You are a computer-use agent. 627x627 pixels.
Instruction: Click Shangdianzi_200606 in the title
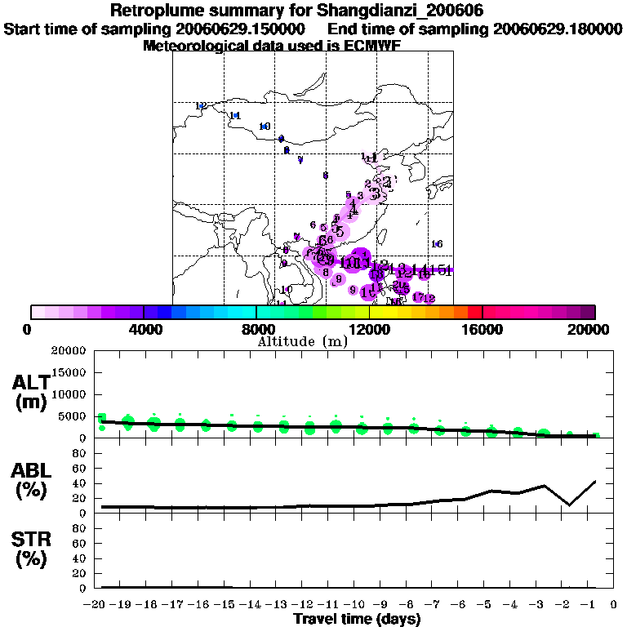(x=397, y=11)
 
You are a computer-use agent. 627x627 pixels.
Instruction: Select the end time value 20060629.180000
(x=558, y=29)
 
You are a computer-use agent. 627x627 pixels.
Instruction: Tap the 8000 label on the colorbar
(x=256, y=330)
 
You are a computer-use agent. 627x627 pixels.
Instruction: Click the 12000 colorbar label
(x=370, y=330)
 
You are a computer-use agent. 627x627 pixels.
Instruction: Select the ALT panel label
(x=31, y=384)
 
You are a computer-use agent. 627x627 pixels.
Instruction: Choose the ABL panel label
(x=31, y=471)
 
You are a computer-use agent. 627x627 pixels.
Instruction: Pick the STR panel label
(x=31, y=539)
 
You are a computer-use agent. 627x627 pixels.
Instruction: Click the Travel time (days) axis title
(x=357, y=619)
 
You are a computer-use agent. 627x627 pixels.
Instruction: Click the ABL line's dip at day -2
(x=569, y=505)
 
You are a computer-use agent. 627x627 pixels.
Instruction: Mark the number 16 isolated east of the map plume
(x=437, y=244)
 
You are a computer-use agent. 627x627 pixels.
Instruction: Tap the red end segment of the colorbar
(x=475, y=312)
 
